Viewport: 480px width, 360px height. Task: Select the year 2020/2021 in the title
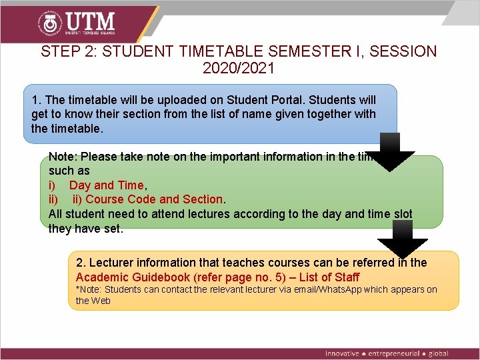[239, 68]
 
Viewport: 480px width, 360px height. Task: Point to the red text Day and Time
[106, 185]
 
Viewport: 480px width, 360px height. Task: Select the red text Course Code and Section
[155, 199]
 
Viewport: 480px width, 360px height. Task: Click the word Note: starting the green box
[62, 157]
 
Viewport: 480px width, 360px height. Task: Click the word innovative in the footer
[342, 353]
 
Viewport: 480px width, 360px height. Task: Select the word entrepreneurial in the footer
[393, 353]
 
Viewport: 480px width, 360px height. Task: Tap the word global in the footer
[438, 353]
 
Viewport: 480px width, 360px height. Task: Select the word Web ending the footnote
[101, 301]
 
